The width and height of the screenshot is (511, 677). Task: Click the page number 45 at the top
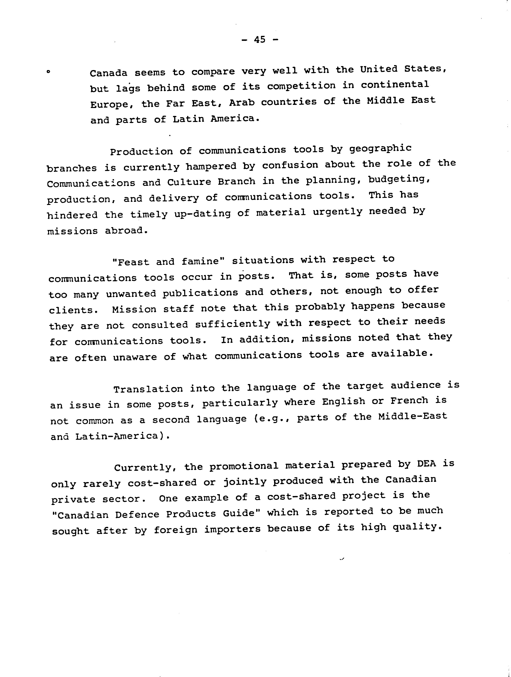[260, 39]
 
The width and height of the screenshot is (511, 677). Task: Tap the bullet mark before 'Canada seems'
[48, 73]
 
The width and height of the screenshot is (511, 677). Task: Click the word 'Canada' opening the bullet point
[108, 73]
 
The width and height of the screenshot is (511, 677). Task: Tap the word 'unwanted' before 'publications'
[131, 294]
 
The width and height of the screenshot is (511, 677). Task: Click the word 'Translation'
[148, 389]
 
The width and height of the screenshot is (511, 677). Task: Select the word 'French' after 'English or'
[409, 400]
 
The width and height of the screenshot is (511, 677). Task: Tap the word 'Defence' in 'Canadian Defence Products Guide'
[137, 515]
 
